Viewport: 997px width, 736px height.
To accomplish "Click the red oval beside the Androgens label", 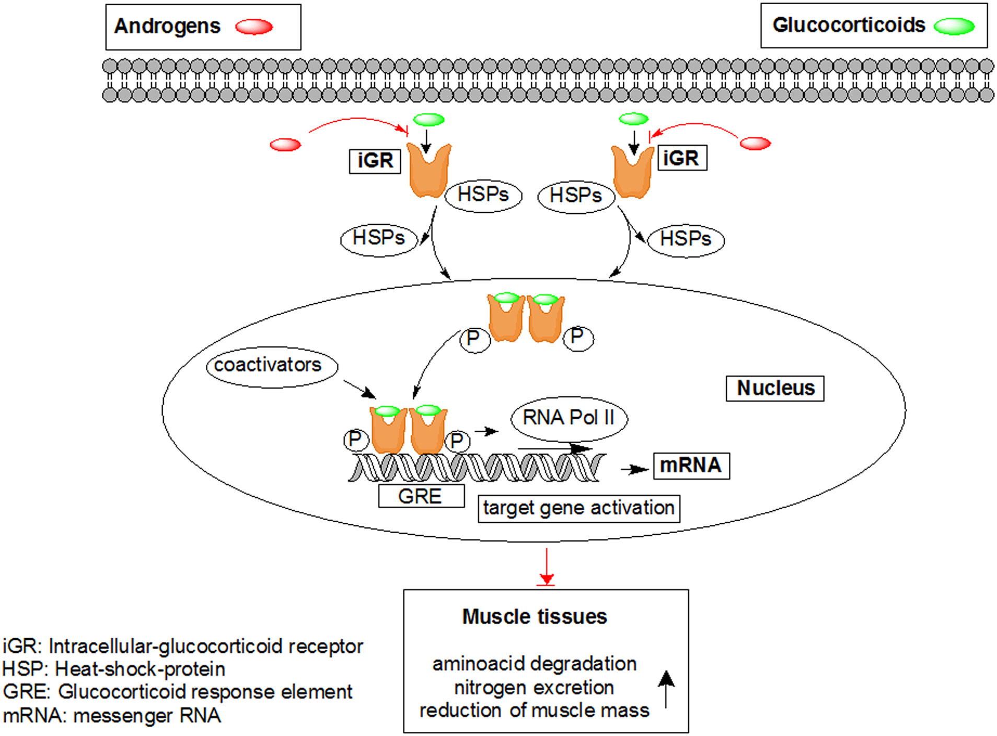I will point(254,27).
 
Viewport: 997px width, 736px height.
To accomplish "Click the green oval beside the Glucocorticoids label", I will point(954,26).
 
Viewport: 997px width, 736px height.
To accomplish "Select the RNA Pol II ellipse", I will point(569,418).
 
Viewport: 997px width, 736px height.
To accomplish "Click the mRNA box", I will point(691,465).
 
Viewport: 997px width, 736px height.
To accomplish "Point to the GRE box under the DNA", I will point(421,496).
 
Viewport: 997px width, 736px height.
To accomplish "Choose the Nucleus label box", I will point(775,388).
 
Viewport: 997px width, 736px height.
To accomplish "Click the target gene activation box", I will point(578,508).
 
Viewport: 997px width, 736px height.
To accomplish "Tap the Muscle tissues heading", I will point(535,617).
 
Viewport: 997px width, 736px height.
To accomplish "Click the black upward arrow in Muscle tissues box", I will point(666,688).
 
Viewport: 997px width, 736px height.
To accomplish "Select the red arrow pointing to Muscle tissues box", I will point(547,567).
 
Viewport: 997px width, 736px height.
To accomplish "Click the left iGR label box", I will point(375,160).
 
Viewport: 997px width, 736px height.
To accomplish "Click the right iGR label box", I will point(681,158).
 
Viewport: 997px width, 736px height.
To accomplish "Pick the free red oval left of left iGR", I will point(285,144).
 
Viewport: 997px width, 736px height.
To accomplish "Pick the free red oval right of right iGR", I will point(756,143).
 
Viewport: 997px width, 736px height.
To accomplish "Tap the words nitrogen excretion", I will point(534,688).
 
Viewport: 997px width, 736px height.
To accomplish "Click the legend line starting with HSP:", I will point(114,669).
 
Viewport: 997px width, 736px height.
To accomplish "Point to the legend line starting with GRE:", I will point(178,692).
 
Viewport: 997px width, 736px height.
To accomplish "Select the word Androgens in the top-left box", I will point(167,26).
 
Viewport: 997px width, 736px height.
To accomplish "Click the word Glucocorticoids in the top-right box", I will point(849,25).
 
